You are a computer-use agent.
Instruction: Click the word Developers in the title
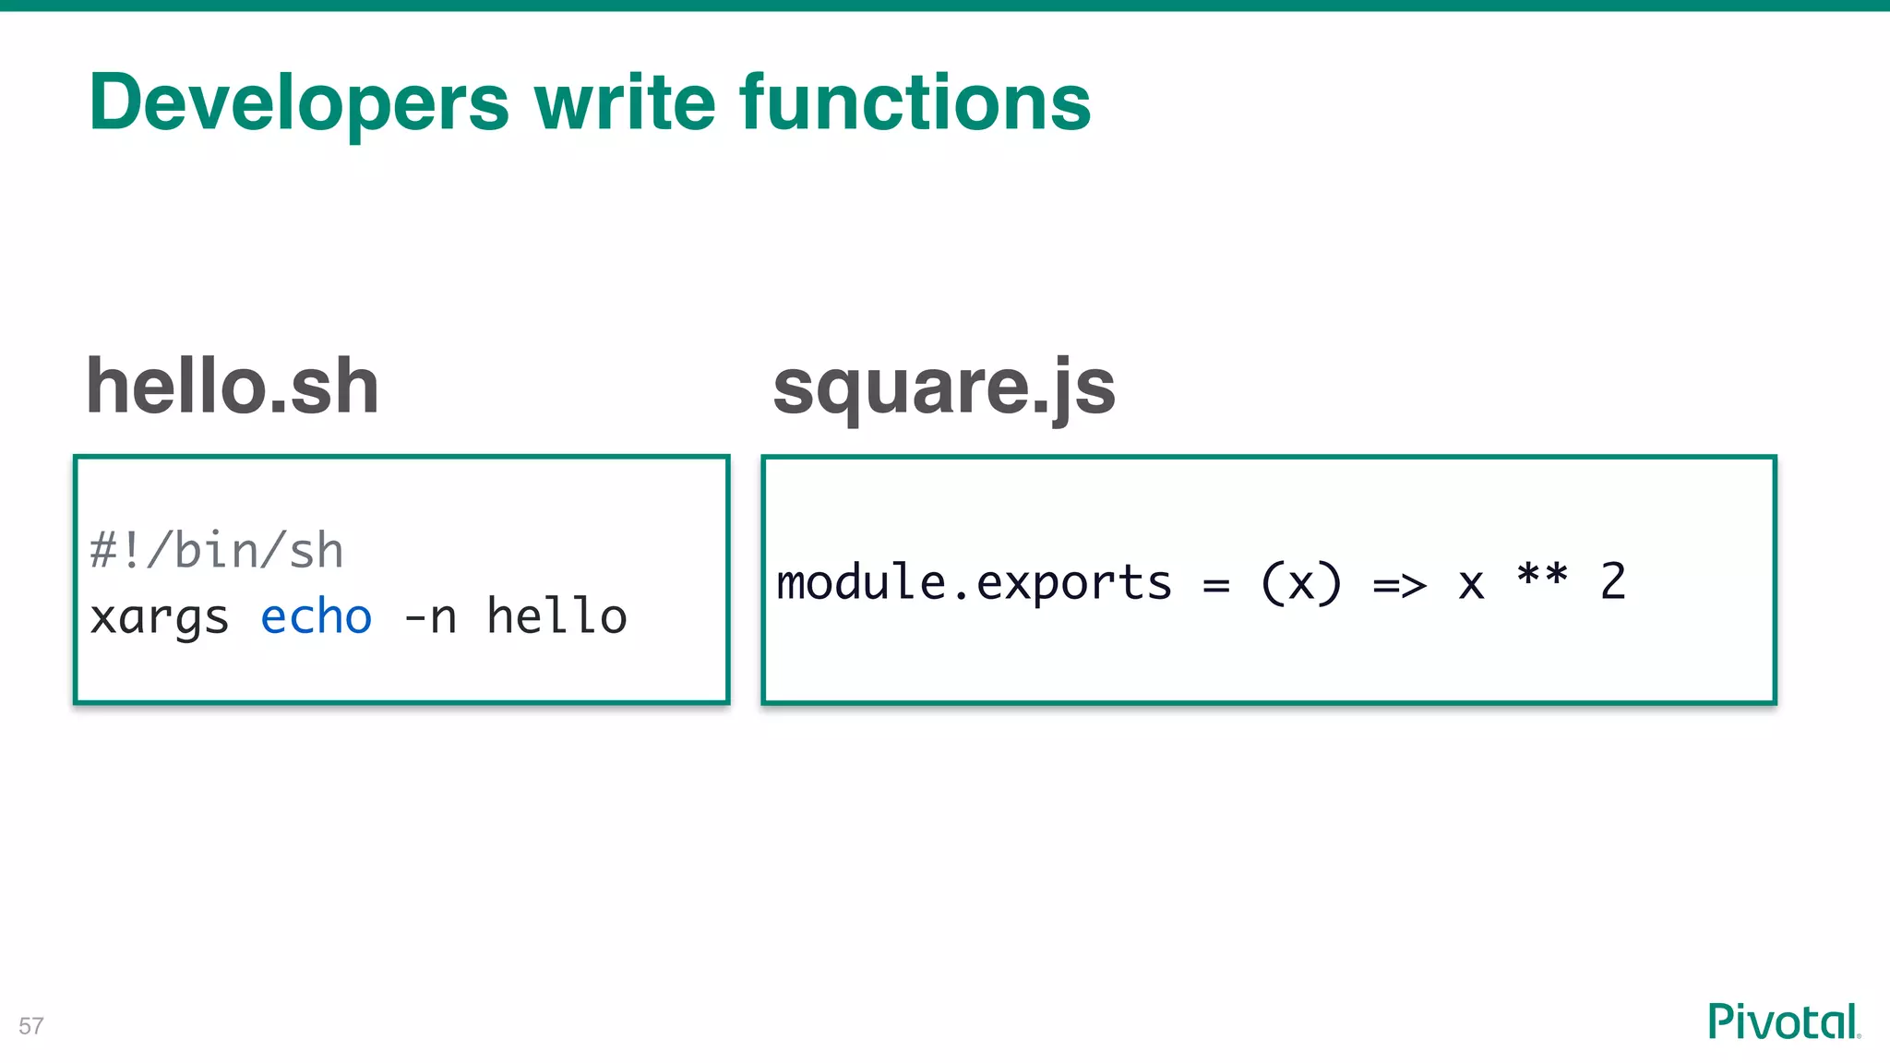pos(299,103)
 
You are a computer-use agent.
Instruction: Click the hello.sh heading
pos(233,387)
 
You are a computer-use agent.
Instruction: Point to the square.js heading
pos(944,388)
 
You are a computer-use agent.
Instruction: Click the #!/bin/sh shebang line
pos(217,551)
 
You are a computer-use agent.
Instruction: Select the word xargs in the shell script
pos(160,617)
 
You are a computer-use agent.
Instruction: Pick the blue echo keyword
pos(317,616)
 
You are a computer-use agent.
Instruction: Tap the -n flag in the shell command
pos(430,617)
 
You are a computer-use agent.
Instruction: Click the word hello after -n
pos(557,616)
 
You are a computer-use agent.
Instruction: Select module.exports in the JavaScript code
pos(974,583)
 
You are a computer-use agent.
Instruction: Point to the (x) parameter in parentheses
pos(1301,583)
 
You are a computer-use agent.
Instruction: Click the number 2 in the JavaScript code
pos(1613,582)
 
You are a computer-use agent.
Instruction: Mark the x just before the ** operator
pos(1471,585)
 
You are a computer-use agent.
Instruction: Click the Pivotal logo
pos(1784,1021)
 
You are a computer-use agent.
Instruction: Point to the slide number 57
pos(31,1026)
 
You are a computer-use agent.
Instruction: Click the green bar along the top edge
pos(945,6)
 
